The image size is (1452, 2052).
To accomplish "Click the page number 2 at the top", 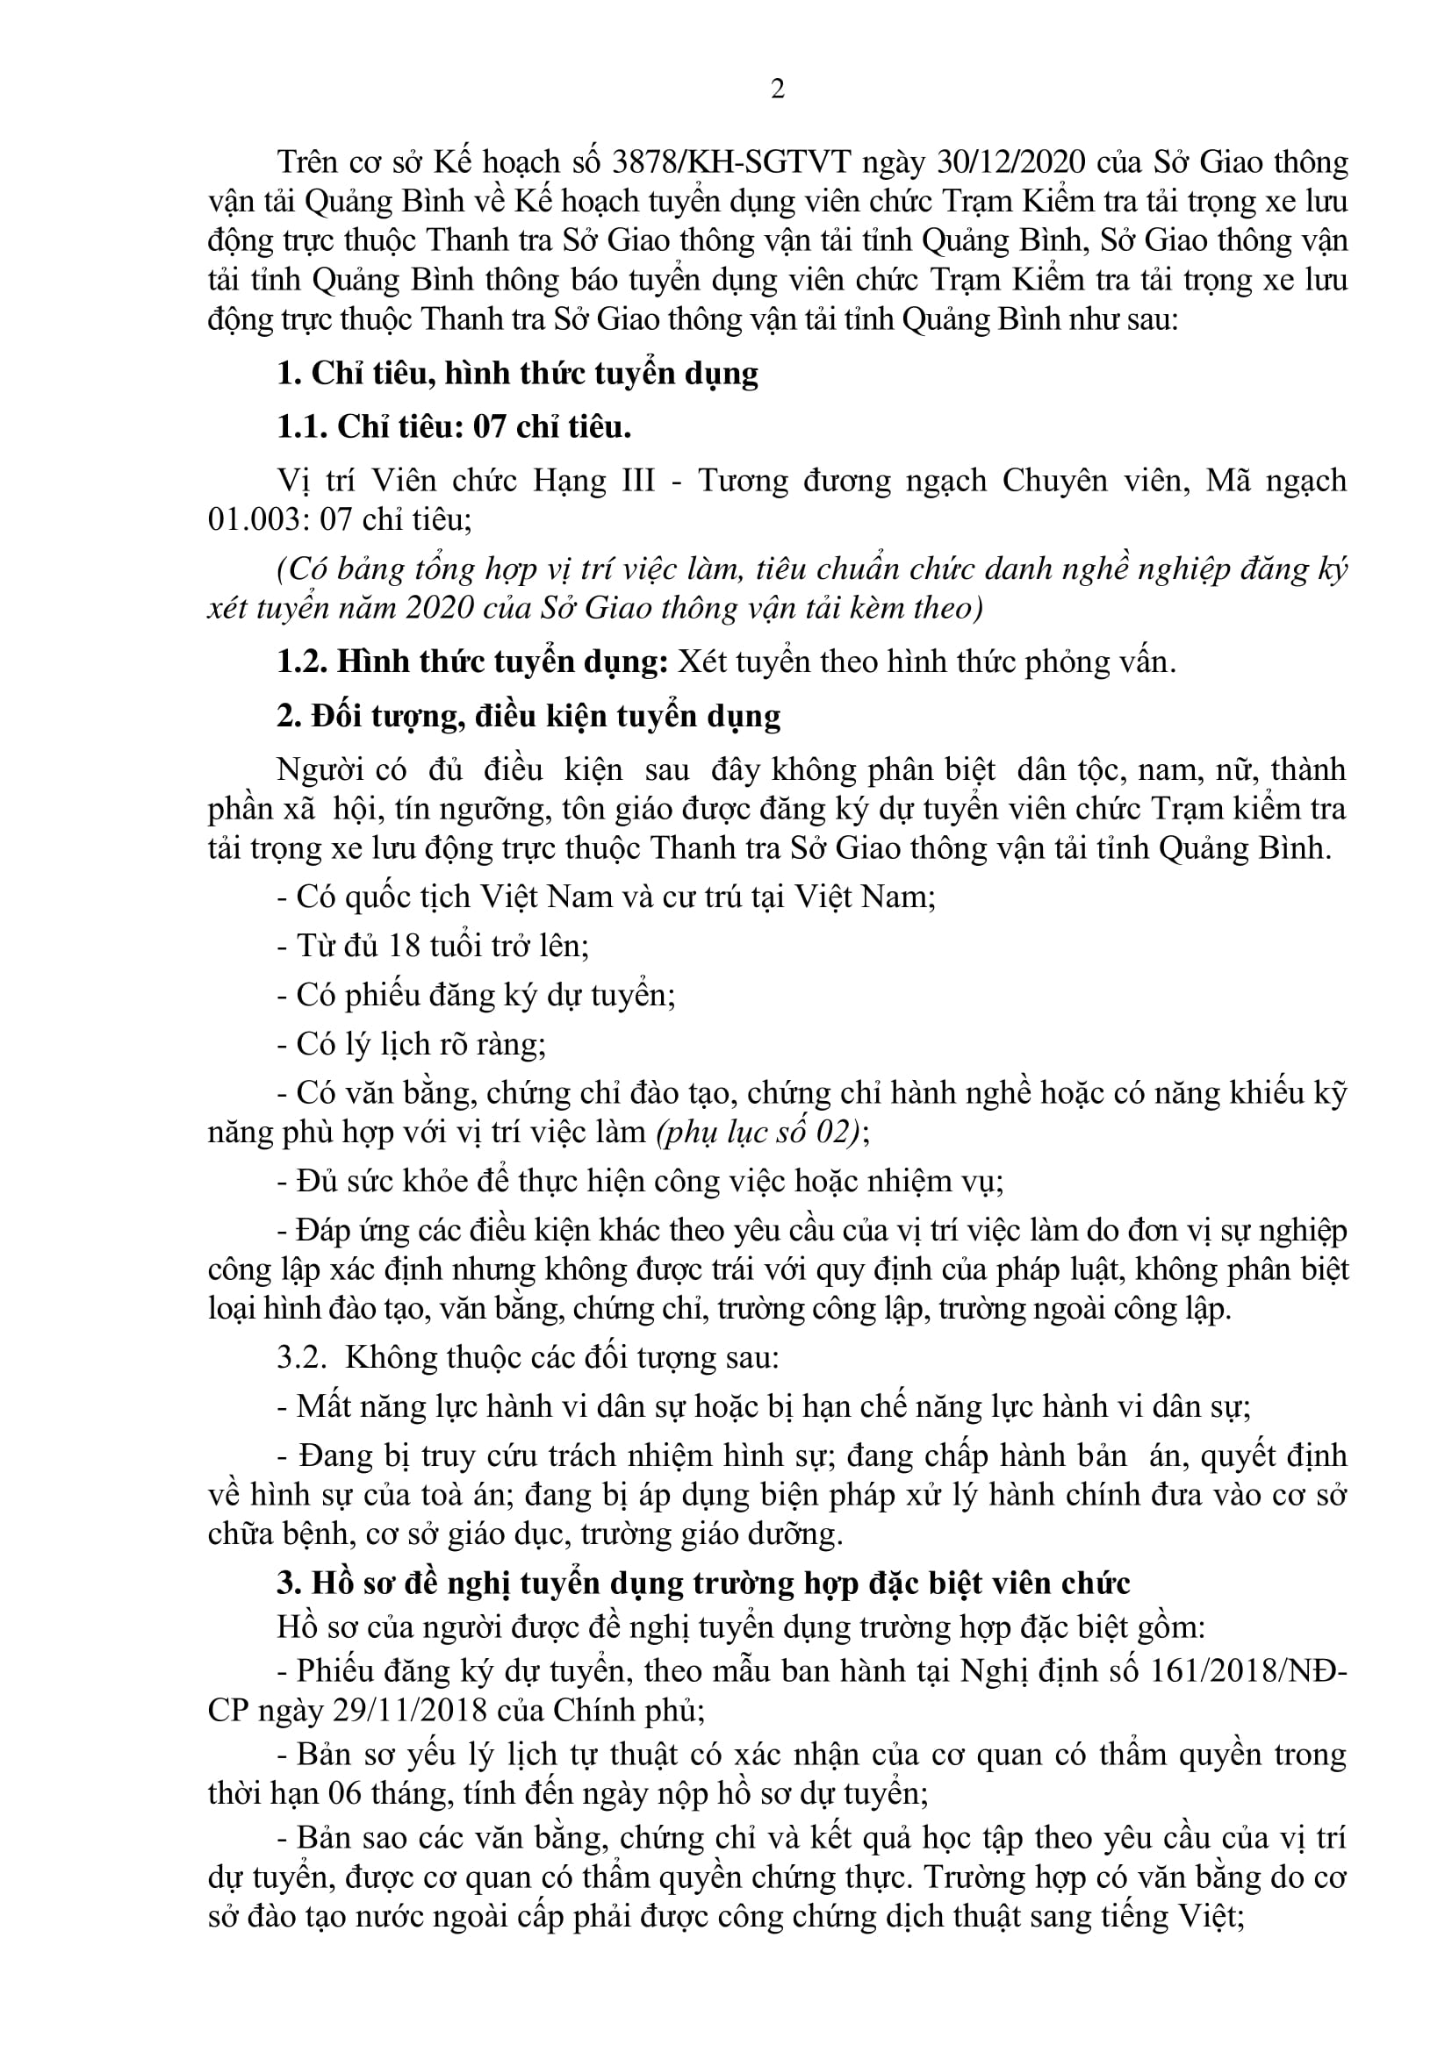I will (x=777, y=89).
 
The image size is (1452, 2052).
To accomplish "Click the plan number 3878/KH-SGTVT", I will (x=724, y=162).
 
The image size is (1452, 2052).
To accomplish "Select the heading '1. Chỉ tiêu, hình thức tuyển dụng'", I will (x=517, y=373).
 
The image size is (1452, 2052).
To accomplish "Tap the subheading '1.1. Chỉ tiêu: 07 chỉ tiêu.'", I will (x=454, y=427).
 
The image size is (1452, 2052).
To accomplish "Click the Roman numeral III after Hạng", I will (x=637, y=480).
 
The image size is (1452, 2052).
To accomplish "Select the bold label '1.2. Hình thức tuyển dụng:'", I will (x=472, y=661).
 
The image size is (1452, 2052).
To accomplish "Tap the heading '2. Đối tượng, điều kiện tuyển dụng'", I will (x=528, y=716).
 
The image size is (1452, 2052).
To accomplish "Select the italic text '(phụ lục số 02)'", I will (x=758, y=1132).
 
